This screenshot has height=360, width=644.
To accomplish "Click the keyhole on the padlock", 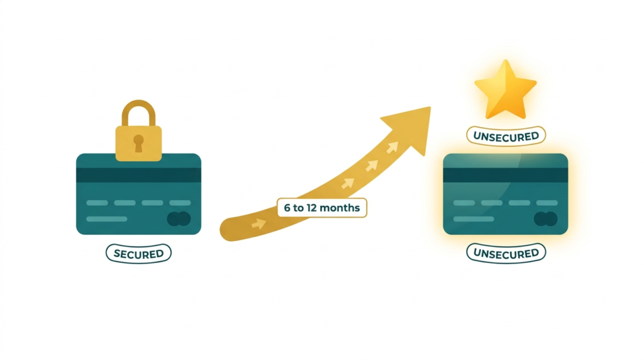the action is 138,143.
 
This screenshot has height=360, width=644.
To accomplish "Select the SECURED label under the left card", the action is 138,254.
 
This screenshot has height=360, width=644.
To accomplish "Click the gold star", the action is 506,91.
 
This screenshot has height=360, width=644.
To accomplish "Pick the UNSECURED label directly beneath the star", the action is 506,136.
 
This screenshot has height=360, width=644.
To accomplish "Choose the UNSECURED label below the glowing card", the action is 506,253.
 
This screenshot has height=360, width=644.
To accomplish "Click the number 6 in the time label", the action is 287,208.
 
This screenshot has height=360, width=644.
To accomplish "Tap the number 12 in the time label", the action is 312,208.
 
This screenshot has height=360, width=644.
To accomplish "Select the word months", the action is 340,208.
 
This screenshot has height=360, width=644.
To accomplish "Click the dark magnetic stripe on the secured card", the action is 138,175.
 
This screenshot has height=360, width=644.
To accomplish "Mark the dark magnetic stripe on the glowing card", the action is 506,175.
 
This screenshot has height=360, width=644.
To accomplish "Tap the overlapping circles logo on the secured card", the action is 179,219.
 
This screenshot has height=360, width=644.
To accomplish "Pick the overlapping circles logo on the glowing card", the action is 546,219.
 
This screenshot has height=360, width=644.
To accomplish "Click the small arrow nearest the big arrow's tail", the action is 258,223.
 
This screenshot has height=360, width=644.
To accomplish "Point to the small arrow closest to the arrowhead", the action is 392,147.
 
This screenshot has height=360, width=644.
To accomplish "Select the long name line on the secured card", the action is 107,219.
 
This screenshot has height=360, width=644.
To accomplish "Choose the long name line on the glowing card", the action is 474,219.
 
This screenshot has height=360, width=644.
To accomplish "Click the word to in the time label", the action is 299,208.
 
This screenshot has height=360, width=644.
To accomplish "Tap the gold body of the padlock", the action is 138,143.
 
